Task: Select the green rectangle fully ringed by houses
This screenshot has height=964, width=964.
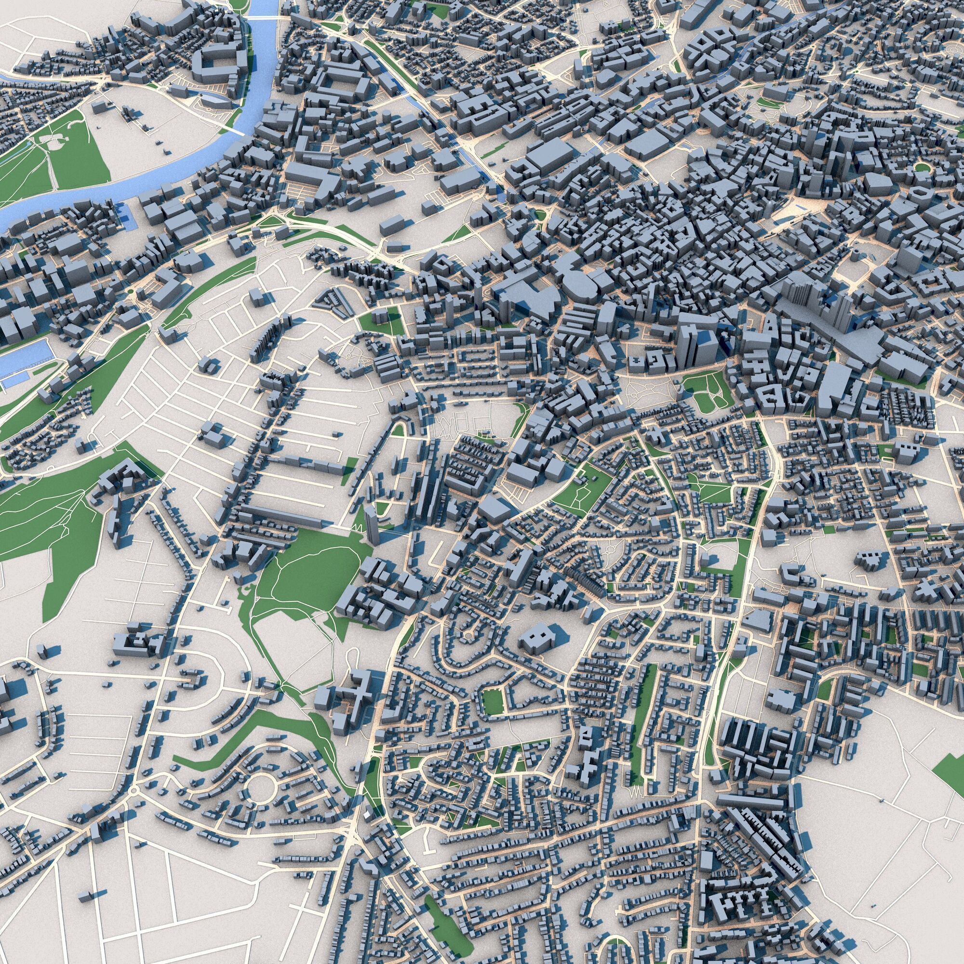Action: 492,701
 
